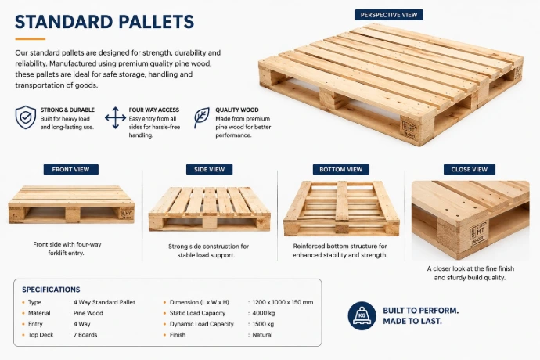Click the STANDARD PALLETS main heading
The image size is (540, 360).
[x=104, y=22]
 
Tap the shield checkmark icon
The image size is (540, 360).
[x=26, y=117]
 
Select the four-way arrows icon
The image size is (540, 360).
[x=115, y=118]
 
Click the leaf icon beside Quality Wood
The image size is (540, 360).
[x=201, y=118]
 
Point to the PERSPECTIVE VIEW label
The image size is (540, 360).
[x=389, y=15]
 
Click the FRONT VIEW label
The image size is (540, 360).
[x=71, y=170]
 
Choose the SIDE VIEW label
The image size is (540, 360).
[x=210, y=170]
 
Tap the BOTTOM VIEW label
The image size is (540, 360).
[x=341, y=170]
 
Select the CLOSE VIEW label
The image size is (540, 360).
[x=470, y=170]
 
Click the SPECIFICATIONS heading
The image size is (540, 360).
[x=51, y=290]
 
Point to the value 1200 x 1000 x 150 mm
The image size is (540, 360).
[x=283, y=302]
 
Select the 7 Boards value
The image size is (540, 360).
[x=85, y=335]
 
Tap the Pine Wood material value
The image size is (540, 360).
[x=88, y=313]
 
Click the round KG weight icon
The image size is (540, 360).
[x=362, y=315]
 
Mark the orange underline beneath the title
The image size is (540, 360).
[x=31, y=39]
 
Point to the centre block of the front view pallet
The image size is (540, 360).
[x=73, y=215]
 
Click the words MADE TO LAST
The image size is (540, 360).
[x=412, y=321]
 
